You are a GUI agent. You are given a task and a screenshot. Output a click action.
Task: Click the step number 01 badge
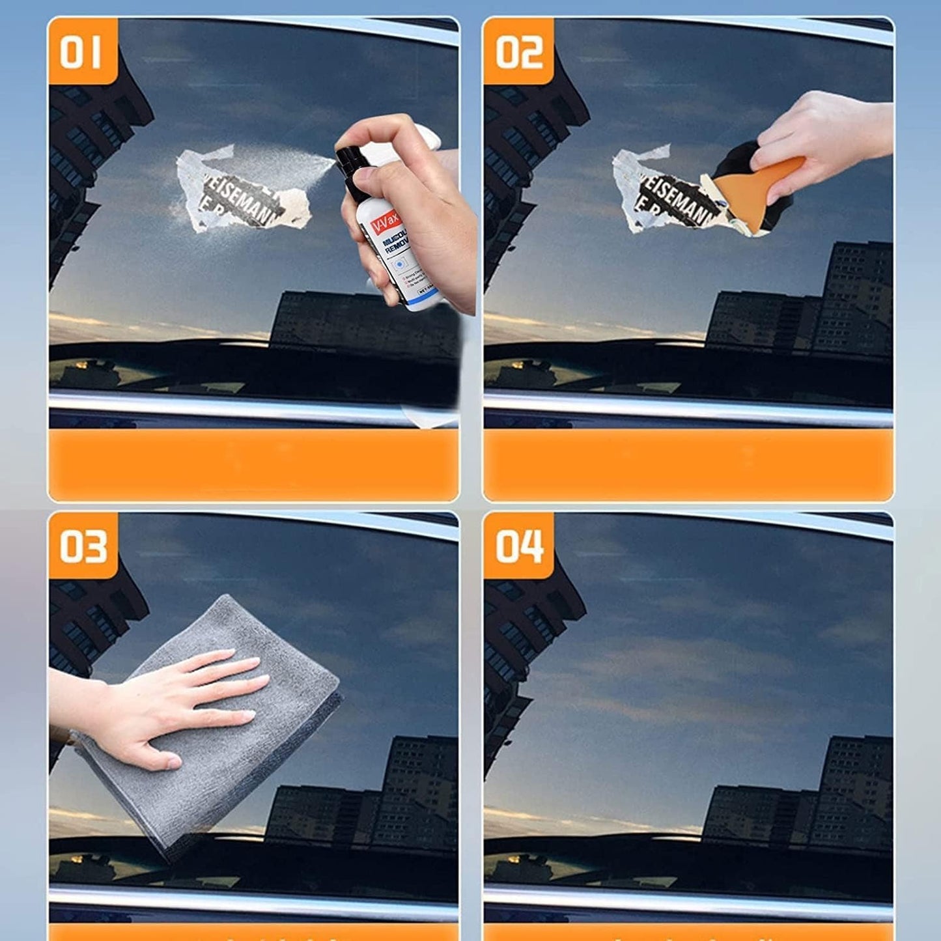pos(81,52)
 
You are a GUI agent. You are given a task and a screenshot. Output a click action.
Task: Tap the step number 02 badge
pos(518,52)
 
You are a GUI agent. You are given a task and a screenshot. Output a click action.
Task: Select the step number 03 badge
pos(83,546)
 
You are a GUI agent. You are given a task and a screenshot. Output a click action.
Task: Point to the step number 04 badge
pos(518,546)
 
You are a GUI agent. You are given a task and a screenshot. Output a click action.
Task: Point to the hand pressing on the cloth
pos(169,703)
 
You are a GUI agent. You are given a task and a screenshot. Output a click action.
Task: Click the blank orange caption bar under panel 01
pos(254,464)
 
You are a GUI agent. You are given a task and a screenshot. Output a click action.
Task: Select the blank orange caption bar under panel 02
pos(688,464)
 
